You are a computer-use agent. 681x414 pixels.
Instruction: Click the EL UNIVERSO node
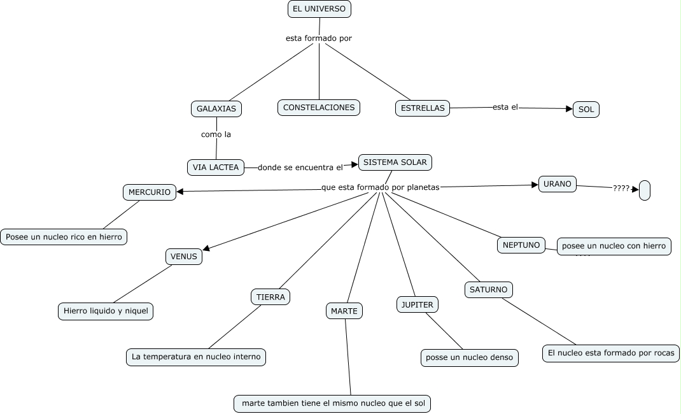[x=319, y=9]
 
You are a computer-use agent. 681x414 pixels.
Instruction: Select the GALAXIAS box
[x=216, y=109]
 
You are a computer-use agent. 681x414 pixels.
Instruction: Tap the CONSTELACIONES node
[x=319, y=108]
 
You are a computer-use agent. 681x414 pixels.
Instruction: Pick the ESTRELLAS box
[x=423, y=108]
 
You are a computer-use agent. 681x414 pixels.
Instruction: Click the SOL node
[x=586, y=110]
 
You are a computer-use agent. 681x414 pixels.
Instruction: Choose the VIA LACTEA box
[x=216, y=168]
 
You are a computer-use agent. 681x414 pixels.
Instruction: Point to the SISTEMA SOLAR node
[x=395, y=162]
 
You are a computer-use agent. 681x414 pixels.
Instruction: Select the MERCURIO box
[x=150, y=192]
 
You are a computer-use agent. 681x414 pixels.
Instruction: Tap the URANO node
[x=558, y=184]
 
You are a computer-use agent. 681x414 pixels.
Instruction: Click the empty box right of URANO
[x=644, y=190]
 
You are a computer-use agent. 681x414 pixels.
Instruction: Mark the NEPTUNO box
[x=521, y=245]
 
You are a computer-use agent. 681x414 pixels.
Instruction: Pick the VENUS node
[x=185, y=257]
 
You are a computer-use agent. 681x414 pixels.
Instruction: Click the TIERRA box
[x=270, y=297]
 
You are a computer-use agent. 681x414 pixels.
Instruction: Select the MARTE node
[x=345, y=311]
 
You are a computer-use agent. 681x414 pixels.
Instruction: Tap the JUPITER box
[x=417, y=304]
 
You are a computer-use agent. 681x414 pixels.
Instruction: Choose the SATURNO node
[x=488, y=290]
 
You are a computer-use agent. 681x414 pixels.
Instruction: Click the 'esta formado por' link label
[x=319, y=38]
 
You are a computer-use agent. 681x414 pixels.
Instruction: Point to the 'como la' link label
[x=216, y=134]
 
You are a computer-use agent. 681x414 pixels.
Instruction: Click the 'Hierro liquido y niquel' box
[x=106, y=311]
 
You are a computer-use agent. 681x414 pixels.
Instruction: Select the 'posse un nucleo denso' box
[x=470, y=358]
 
